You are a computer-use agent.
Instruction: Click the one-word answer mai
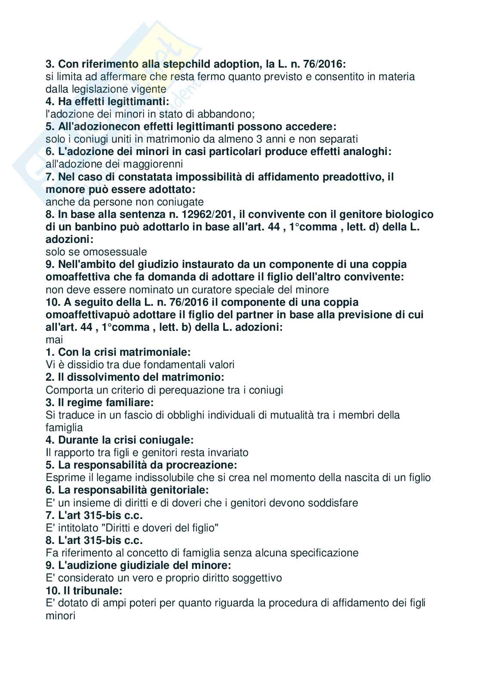tap(54, 340)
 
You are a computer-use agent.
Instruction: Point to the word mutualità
tap(299, 415)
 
